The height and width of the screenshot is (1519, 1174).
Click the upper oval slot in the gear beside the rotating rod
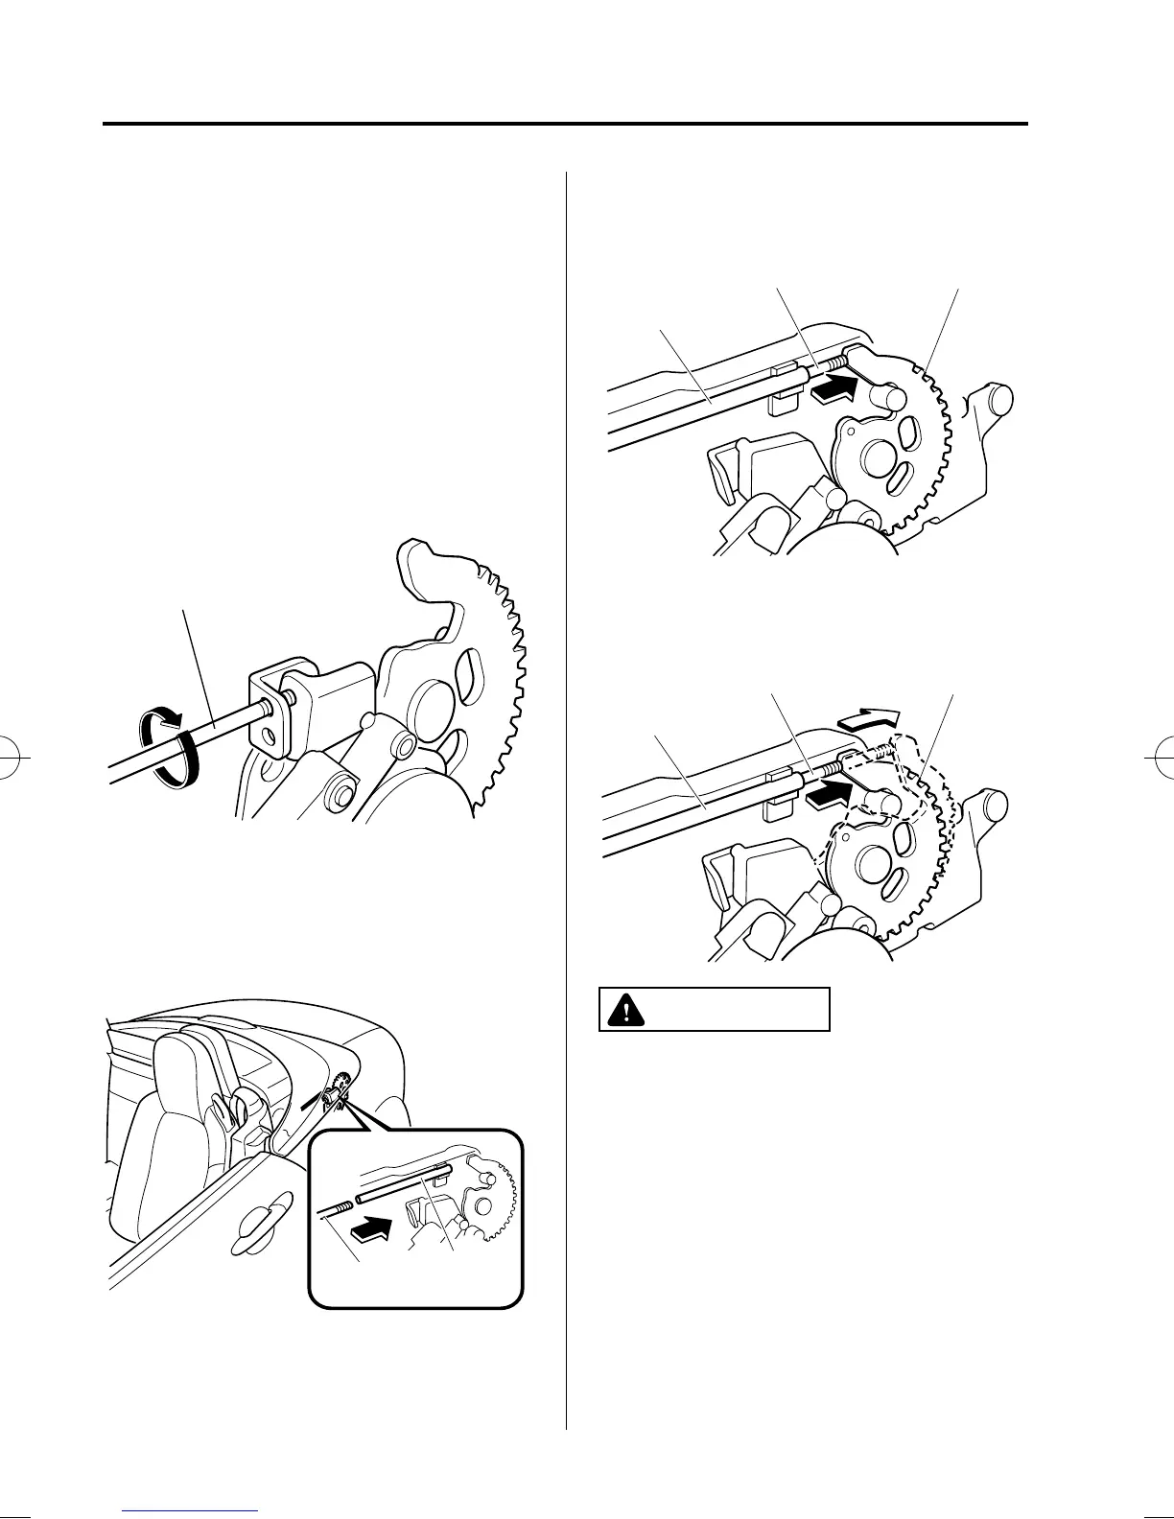[x=471, y=666]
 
